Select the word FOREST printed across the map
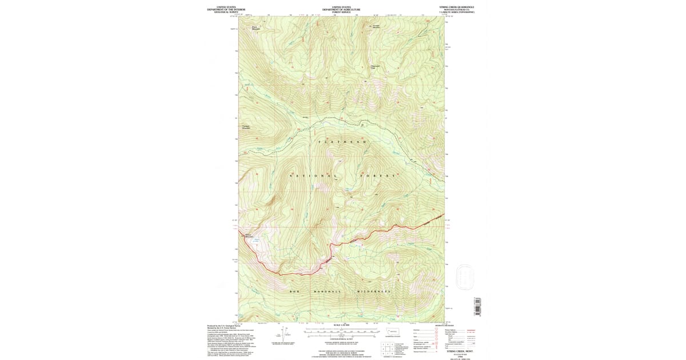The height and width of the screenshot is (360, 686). (378, 175)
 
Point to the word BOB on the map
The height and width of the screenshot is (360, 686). (294, 291)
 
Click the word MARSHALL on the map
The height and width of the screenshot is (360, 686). (327, 291)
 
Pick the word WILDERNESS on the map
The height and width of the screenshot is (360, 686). (374, 291)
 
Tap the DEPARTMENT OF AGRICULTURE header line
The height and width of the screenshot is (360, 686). (341, 9)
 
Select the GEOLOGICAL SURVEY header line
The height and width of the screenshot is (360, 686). (225, 12)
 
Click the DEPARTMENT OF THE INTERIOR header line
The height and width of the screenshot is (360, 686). (225, 9)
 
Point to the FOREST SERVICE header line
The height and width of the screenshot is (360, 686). (341, 12)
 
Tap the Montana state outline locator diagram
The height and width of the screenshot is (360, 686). (394, 332)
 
